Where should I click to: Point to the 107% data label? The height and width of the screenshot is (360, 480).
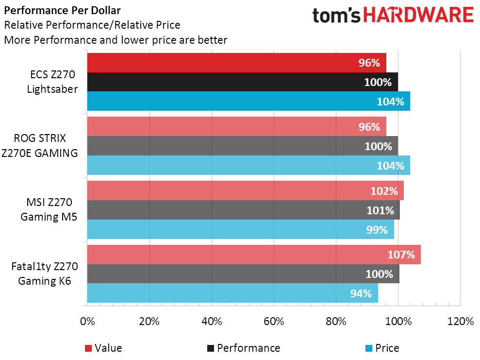pos(401,255)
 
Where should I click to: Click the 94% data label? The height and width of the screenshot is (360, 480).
pos(361,293)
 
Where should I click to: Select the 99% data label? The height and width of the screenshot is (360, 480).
pos(377,229)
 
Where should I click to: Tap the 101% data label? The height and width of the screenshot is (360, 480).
pos(380,210)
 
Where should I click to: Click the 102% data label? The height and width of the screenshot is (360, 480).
pos(383,191)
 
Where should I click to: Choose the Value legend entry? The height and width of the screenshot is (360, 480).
pos(103,348)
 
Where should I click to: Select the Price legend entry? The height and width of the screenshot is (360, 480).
pos(382,348)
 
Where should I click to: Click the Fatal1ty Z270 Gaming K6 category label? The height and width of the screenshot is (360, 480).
pos(45,274)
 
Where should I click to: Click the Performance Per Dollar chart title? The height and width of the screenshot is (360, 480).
pos(63,10)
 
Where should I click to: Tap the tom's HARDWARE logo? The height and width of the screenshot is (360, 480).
pos(393,15)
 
